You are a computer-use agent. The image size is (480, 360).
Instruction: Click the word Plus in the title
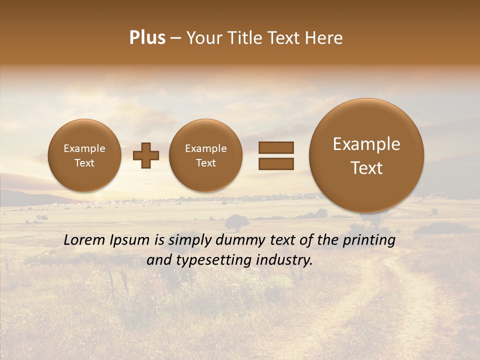click(x=147, y=38)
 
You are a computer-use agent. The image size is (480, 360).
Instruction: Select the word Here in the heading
click(x=324, y=38)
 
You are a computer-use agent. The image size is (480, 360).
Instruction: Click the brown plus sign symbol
click(x=146, y=155)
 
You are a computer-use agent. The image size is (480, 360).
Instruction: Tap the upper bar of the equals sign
click(x=276, y=147)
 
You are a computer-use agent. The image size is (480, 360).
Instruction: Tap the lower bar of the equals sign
click(x=276, y=163)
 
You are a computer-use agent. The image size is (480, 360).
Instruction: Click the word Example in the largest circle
click(x=366, y=144)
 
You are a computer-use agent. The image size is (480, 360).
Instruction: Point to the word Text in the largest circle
click(x=366, y=168)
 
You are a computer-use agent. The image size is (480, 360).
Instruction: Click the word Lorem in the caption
click(x=84, y=240)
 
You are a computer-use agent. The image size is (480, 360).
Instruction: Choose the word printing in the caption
click(x=369, y=240)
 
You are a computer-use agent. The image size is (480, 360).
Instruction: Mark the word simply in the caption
click(x=190, y=240)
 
